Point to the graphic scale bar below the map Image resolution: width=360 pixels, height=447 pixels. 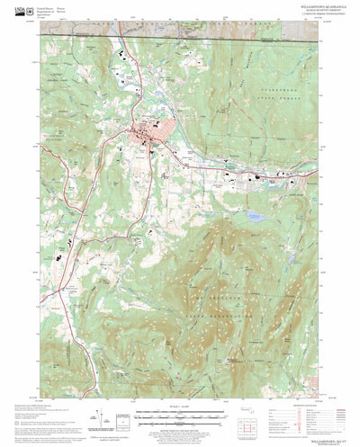(x=180, y=416)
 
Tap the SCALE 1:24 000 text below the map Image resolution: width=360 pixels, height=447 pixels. (x=180, y=407)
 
